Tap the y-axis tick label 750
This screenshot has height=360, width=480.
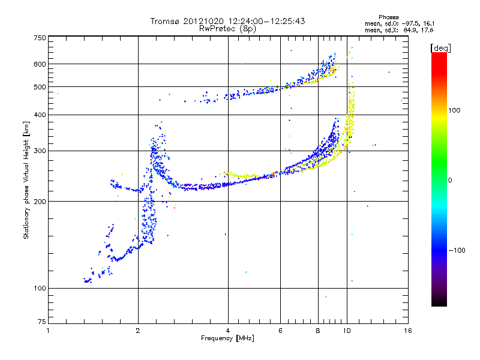[x=40, y=38]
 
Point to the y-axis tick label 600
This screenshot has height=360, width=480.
[x=40, y=64]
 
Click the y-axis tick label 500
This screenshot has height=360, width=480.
[x=40, y=87]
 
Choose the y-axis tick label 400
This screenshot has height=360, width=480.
[x=40, y=115]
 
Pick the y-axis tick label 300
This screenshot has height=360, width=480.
[x=40, y=151]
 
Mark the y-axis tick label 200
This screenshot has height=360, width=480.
[x=40, y=202]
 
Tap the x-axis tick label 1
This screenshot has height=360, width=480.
[x=48, y=331]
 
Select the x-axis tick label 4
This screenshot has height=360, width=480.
[x=228, y=331]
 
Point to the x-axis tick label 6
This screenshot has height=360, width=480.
[x=281, y=331]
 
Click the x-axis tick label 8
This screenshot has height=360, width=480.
[x=318, y=331]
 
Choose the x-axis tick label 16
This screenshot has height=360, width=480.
[x=407, y=331]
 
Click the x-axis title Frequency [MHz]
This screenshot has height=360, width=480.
[x=227, y=338]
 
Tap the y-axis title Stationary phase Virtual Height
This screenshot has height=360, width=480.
[x=26, y=180]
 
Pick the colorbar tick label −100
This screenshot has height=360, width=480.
[x=457, y=250]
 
